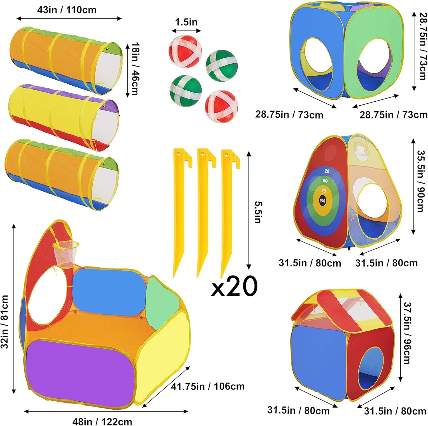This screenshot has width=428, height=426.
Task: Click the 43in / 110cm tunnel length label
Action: (67, 10)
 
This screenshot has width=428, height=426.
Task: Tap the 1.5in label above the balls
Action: (186, 22)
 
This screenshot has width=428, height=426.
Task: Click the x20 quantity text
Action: (234, 286)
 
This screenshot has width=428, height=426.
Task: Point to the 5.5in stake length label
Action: (258, 212)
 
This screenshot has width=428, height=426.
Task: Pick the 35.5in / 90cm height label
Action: (421, 181)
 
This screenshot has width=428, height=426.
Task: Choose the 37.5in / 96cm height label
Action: (407, 333)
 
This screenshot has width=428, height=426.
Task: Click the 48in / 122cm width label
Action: (102, 421)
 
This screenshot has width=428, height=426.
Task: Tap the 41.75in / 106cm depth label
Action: (208, 386)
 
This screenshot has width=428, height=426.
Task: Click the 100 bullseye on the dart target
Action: (322, 200)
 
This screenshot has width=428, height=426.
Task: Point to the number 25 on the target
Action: (327, 171)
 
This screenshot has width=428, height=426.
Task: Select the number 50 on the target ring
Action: (325, 181)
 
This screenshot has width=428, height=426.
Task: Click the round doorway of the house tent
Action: (371, 368)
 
